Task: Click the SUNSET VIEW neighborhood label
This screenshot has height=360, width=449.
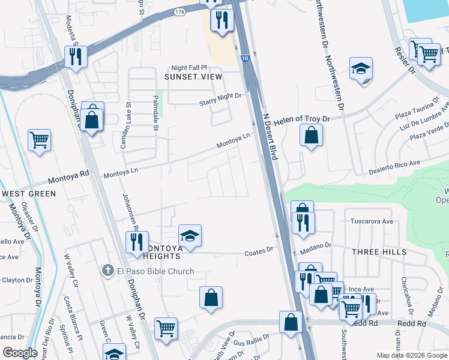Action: pos(193,77)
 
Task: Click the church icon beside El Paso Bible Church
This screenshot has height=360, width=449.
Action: pos(107,271)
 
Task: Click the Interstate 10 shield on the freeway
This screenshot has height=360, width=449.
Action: pos(246,58)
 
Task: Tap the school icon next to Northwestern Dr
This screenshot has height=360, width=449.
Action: pos(361,69)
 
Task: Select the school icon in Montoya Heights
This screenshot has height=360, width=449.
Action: pos(190,236)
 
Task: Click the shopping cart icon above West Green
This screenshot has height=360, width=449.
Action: pos(40,140)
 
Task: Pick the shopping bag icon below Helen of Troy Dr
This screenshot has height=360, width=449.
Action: pos(312,136)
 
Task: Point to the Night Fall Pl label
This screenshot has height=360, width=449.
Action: pos(188,68)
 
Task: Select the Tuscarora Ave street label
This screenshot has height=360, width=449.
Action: pos(372,221)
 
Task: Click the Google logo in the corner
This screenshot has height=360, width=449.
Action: pos(20,353)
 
